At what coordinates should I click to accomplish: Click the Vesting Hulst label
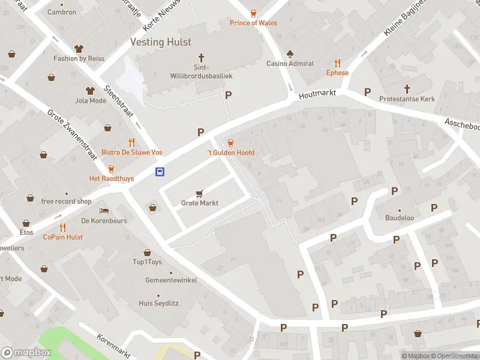(161, 42)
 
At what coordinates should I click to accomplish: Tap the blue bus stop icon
(160, 172)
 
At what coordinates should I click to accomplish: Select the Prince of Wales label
(253, 23)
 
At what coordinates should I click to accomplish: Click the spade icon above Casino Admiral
(290, 53)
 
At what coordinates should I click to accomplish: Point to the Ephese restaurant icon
(337, 63)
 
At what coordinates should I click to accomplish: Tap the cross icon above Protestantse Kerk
(407, 88)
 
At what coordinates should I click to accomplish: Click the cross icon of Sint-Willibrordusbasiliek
(201, 58)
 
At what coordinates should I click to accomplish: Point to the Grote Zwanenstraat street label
(71, 137)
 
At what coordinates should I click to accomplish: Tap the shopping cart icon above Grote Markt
(200, 193)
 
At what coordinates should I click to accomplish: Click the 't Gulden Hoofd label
(230, 152)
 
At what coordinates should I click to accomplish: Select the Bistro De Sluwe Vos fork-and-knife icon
(131, 142)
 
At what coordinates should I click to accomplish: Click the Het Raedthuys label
(112, 179)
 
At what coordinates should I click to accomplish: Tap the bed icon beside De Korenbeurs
(104, 211)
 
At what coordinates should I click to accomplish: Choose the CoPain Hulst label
(62, 237)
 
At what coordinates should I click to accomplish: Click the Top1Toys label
(147, 262)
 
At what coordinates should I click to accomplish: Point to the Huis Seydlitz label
(158, 304)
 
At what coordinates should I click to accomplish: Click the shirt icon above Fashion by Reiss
(79, 49)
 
